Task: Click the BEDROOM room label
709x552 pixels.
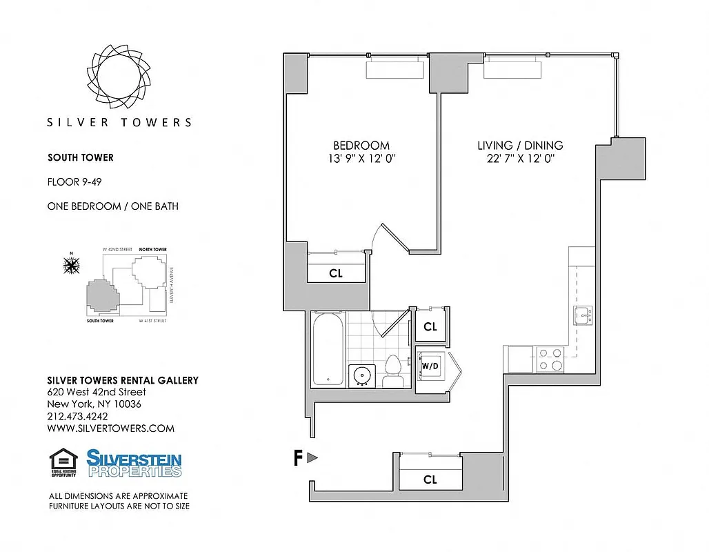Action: tap(361, 146)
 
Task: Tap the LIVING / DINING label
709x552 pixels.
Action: tap(520, 146)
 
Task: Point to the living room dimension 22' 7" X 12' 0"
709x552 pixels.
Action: tap(520, 159)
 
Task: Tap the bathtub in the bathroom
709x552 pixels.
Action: tap(328, 348)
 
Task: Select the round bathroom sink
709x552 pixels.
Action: tap(361, 375)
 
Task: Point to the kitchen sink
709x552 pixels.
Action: tap(583, 316)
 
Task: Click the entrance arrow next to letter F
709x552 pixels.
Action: tap(312, 457)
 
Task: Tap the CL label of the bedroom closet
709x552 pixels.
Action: tap(336, 273)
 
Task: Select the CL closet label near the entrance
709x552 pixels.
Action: tap(430, 480)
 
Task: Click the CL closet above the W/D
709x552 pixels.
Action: tap(430, 327)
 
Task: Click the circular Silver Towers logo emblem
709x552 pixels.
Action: tap(119, 75)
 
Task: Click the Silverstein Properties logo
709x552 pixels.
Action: tap(134, 463)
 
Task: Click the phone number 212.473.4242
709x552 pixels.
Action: tap(77, 416)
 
